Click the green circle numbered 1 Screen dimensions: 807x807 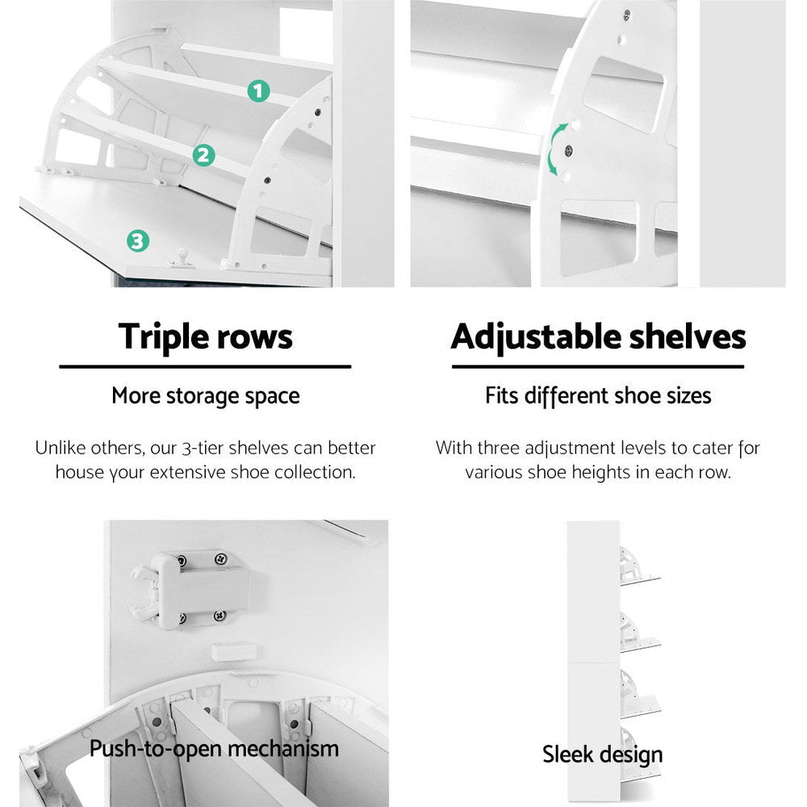pos(257,91)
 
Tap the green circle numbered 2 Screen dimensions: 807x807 pos(204,155)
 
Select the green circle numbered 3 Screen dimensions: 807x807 pos(137,240)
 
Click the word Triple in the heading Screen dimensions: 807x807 pos(164,336)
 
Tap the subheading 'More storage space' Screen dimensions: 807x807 pos(205,396)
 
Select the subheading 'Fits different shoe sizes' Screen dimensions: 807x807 pos(598,396)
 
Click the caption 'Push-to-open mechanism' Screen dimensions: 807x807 pos(214,748)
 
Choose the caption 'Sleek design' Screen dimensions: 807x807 pos(602,755)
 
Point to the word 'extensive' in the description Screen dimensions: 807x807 pos(240,472)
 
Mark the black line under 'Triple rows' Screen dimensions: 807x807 pos(205,366)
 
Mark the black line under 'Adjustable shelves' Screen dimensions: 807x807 pos(598,366)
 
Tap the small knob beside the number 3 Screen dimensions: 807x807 pos(183,257)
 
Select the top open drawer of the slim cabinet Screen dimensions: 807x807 pos(638,566)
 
